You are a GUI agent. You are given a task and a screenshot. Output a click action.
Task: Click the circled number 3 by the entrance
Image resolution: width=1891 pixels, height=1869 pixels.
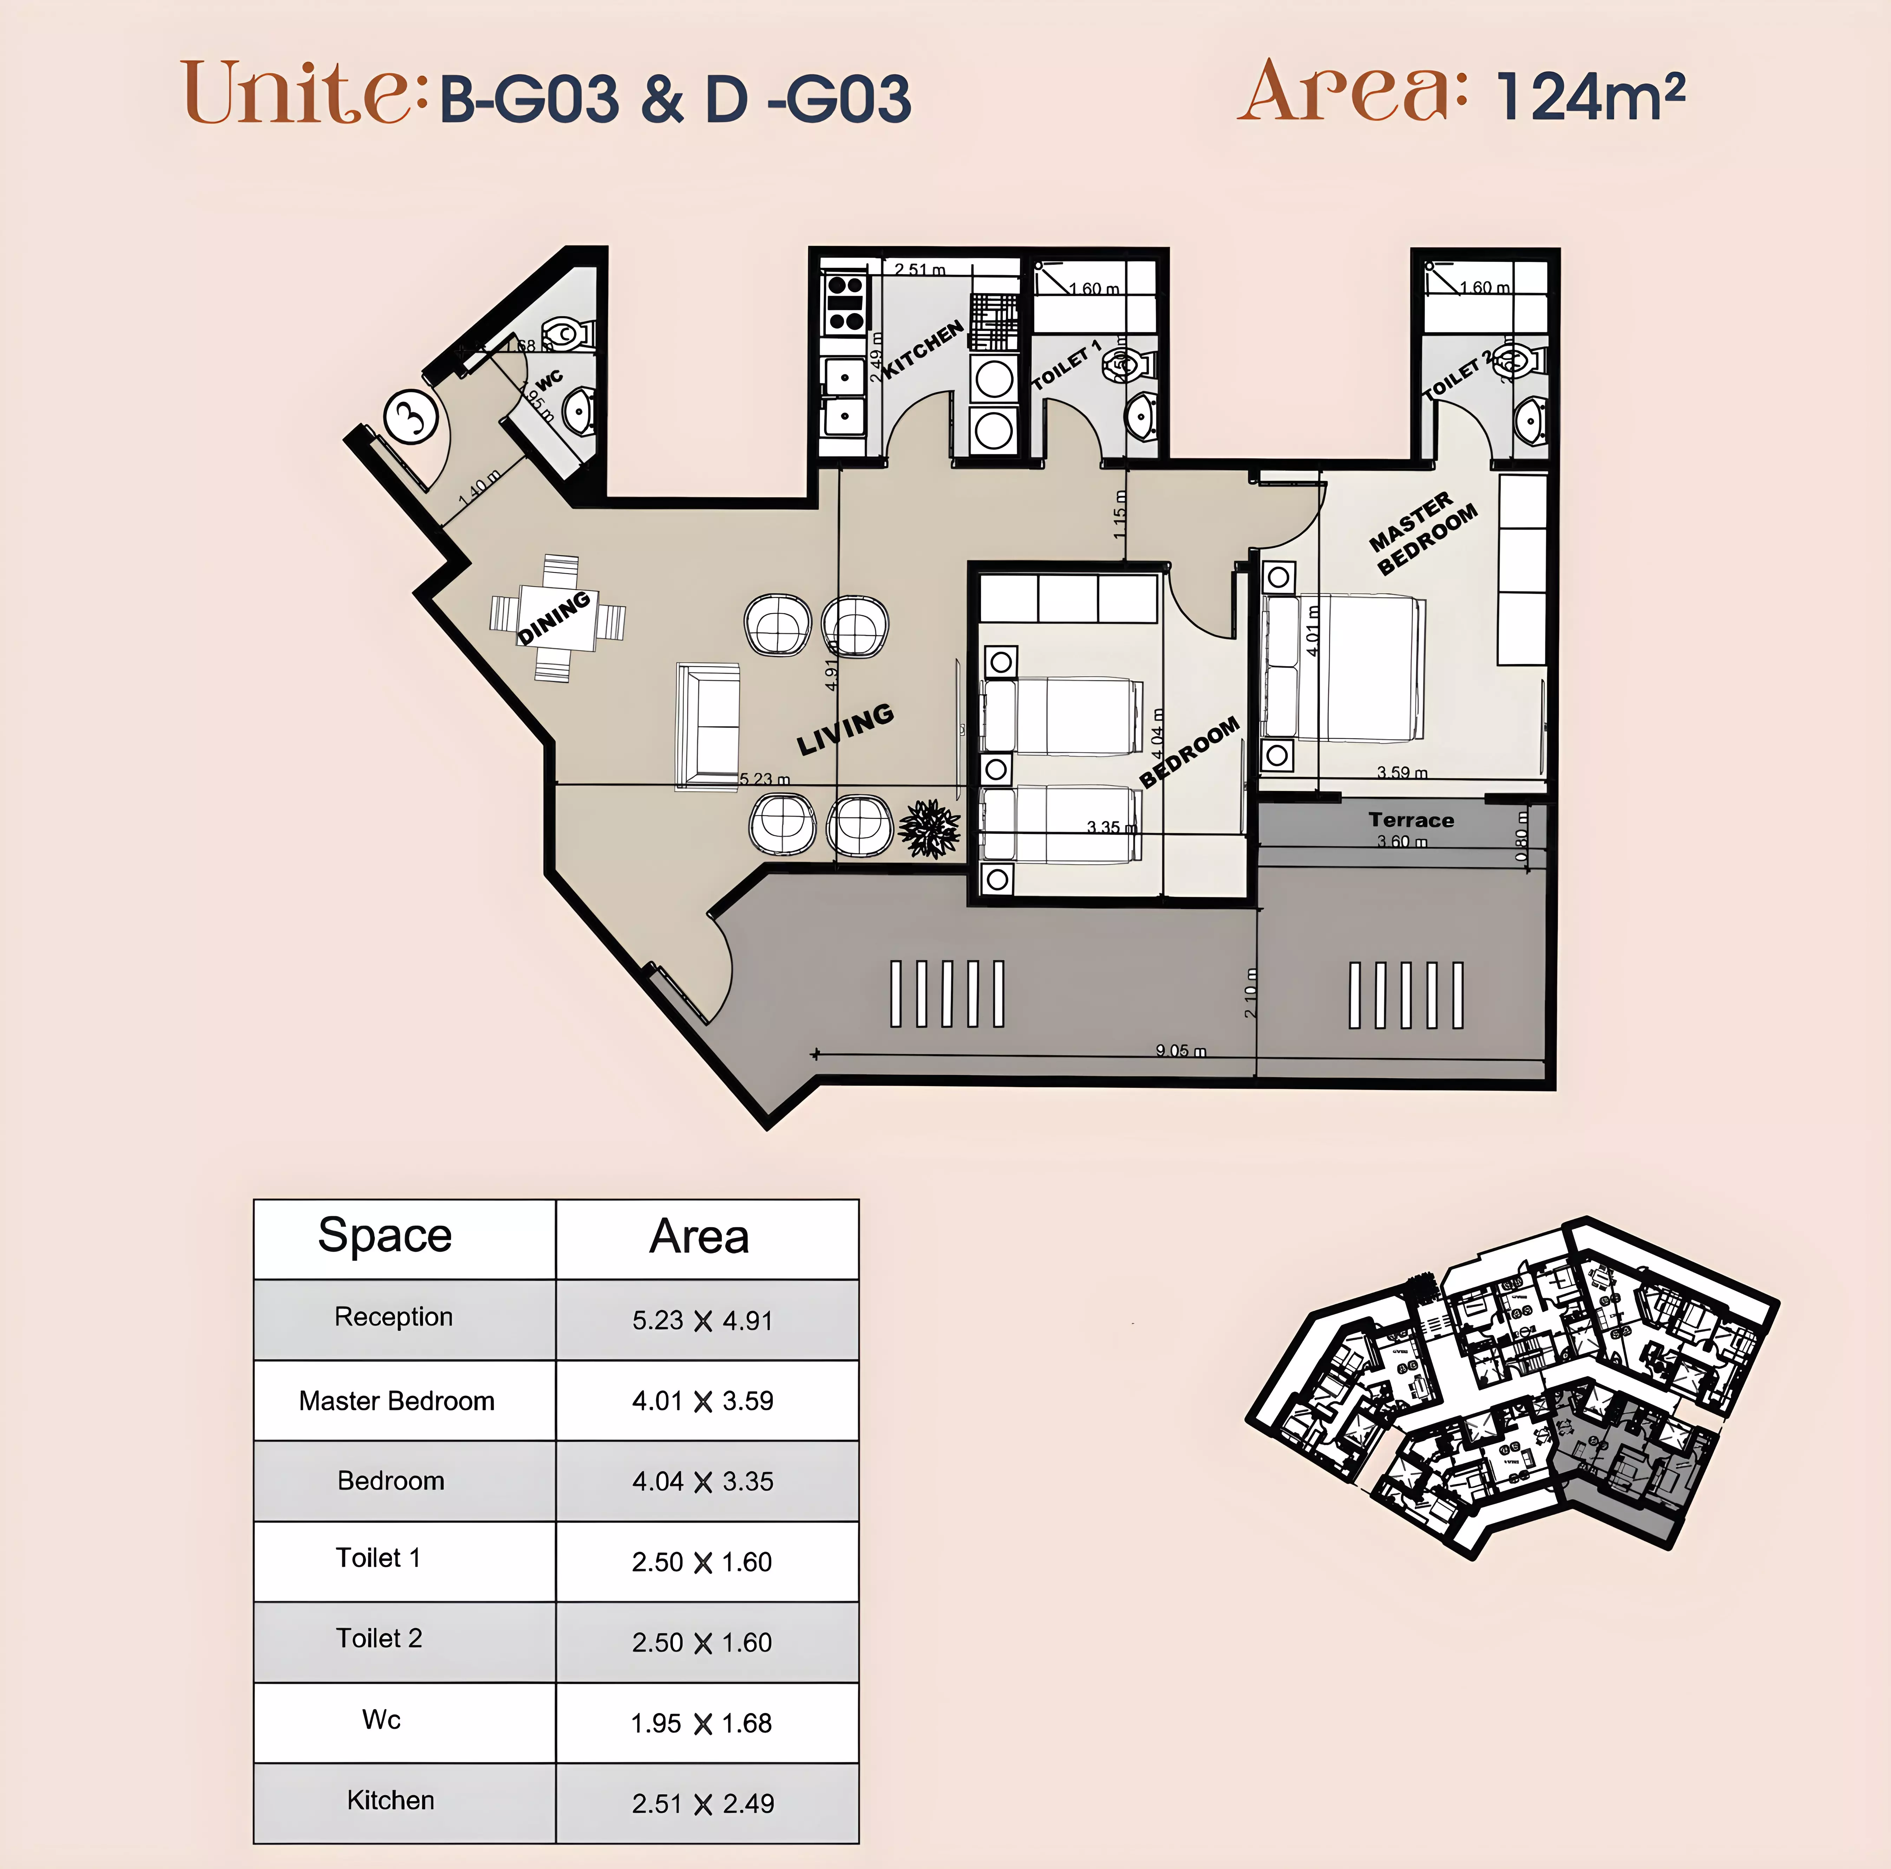point(411,416)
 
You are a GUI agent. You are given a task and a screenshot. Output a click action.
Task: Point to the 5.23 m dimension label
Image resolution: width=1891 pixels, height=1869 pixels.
point(764,779)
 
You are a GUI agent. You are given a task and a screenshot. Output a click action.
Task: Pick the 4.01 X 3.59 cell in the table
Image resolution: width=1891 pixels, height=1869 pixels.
point(703,1401)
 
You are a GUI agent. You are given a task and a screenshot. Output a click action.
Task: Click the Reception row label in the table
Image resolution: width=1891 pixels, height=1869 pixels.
point(393,1317)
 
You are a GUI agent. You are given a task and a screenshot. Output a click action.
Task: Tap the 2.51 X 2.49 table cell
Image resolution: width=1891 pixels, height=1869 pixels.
point(703,1803)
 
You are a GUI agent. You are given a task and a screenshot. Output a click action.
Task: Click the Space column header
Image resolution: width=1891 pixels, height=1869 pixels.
point(385,1236)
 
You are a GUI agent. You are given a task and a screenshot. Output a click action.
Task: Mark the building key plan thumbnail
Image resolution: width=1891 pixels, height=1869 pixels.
point(1512,1385)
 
